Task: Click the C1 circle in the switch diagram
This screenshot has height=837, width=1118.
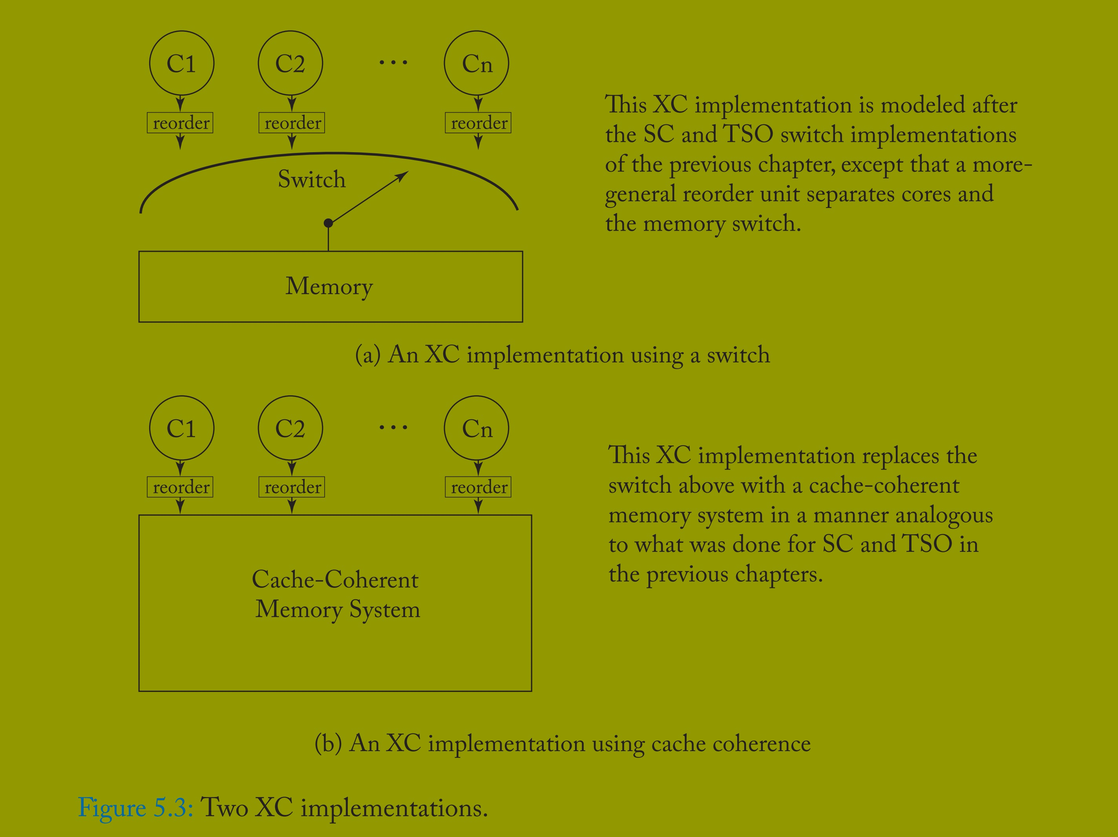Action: click(x=181, y=63)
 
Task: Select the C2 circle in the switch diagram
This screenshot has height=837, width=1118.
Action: click(x=290, y=63)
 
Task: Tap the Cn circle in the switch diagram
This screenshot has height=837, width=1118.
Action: click(x=477, y=63)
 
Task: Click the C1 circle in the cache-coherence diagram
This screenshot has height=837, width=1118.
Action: click(x=181, y=428)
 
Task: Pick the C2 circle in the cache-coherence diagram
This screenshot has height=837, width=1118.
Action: click(x=290, y=428)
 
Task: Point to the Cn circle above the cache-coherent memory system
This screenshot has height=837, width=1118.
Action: click(x=477, y=428)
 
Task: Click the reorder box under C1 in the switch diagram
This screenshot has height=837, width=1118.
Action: click(x=180, y=123)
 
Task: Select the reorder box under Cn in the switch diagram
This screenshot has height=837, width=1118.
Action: click(x=478, y=123)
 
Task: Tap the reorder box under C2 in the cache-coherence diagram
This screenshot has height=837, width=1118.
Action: click(x=292, y=487)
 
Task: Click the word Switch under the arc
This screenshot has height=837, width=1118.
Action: click(x=312, y=179)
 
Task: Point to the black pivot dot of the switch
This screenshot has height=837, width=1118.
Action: click(x=328, y=223)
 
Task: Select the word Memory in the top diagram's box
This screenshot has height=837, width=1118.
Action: click(x=329, y=286)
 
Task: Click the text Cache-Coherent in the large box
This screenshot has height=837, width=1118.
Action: click(x=335, y=579)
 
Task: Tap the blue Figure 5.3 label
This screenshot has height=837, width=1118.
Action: click(x=135, y=807)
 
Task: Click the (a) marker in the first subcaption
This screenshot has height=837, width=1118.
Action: click(x=367, y=355)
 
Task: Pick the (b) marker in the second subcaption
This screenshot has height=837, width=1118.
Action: click(x=328, y=743)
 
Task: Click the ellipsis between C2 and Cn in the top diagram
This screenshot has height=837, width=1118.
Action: click(x=393, y=63)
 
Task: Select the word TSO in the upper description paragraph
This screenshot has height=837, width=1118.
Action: click(x=748, y=135)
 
